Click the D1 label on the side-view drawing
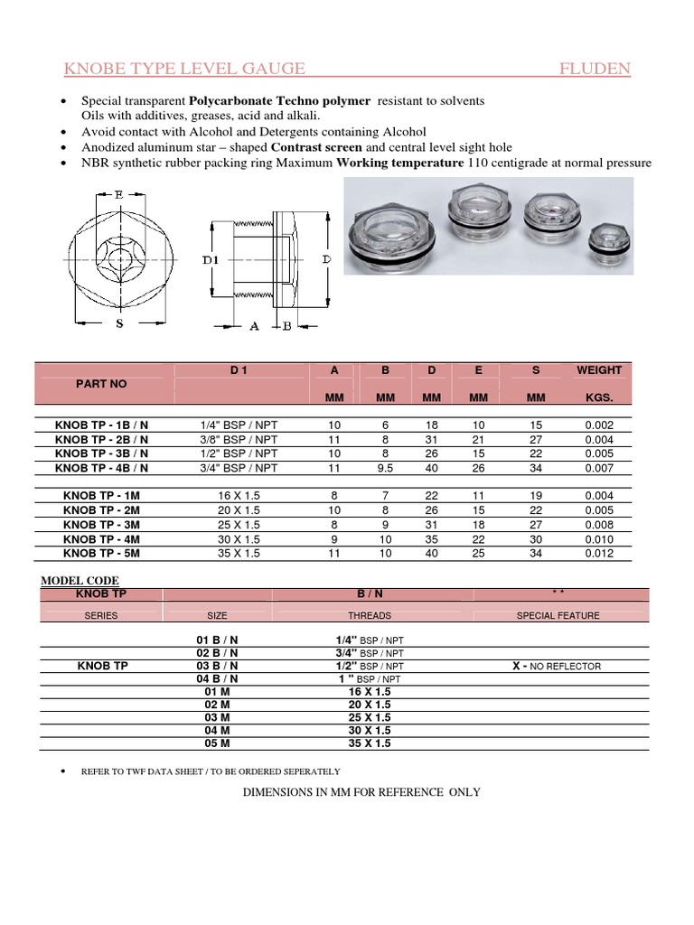tap(211, 260)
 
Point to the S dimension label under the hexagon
tap(119, 326)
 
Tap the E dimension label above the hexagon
tap(120, 193)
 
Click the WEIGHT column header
tap(599, 370)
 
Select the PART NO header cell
tap(102, 384)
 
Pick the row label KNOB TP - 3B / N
tap(102, 453)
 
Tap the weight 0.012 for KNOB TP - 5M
tap(599, 554)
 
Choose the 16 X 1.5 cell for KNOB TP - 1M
tap(239, 496)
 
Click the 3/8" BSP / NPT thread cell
tap(239, 439)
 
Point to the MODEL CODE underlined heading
tap(80, 580)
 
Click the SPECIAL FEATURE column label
tap(558, 615)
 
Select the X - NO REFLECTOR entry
tap(558, 666)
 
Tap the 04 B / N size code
tap(218, 678)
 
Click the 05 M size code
tap(218, 743)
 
